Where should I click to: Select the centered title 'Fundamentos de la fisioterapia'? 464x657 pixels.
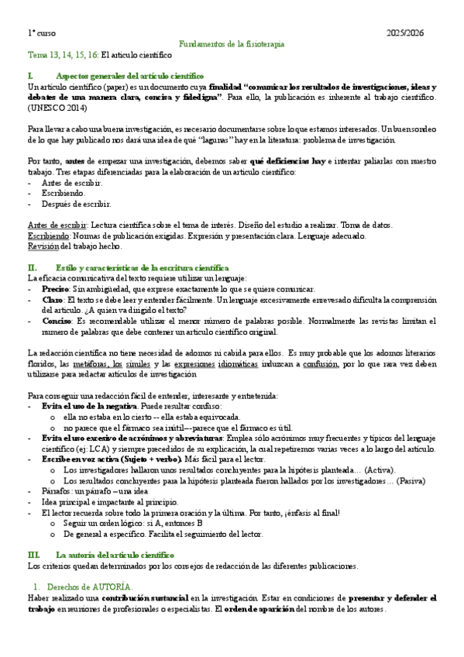click(x=232, y=44)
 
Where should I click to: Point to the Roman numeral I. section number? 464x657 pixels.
click(x=30, y=76)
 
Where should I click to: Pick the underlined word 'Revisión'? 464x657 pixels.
click(x=43, y=246)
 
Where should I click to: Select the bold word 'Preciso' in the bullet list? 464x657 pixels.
click(x=54, y=288)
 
